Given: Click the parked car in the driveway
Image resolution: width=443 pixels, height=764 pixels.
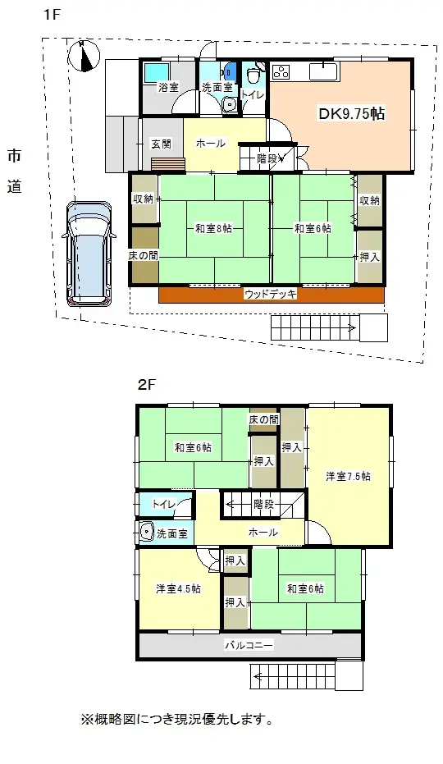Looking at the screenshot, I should point(87,254).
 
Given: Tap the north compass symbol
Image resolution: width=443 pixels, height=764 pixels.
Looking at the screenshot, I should point(84,56).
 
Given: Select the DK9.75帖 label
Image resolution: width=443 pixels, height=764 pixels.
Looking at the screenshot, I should point(351,115).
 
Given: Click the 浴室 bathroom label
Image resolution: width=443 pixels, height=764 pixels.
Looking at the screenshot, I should point(168,86).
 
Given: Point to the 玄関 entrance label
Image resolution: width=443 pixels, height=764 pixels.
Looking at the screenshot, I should point(161,144).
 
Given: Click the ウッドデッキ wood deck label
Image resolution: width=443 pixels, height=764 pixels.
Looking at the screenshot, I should point(270,293).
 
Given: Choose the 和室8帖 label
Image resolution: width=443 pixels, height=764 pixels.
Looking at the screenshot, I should point(214,229).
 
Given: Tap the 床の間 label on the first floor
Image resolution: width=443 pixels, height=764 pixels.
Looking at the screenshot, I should point(143,255).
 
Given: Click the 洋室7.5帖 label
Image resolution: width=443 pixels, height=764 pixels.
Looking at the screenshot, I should point(348,476).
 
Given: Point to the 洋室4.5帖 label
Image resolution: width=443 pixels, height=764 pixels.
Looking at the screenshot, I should point(178,588).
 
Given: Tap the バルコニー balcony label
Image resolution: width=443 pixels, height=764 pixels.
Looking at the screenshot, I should point(249,646).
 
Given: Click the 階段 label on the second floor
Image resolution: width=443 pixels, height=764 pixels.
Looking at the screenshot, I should point(263,503).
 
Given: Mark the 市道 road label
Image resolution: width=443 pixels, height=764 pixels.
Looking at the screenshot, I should point(15,170).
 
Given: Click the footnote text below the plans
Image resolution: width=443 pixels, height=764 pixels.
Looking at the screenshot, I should point(176,720).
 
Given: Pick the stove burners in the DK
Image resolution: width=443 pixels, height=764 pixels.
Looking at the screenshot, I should point(281,72).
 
